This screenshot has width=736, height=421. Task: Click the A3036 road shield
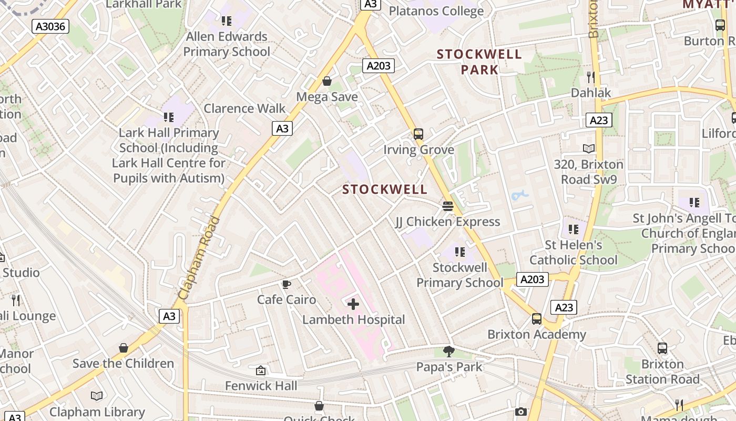(50, 26)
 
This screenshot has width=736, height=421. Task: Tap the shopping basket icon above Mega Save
(327, 81)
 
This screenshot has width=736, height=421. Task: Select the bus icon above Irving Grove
(418, 134)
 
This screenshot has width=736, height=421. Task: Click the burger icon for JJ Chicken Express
(448, 206)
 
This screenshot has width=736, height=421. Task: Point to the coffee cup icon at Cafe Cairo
(286, 285)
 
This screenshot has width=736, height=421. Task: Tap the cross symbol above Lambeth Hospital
(353, 304)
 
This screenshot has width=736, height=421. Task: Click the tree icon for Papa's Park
(449, 351)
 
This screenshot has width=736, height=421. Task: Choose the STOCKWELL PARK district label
(479, 62)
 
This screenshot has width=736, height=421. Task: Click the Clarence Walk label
(244, 108)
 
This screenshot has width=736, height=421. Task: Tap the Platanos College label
(436, 11)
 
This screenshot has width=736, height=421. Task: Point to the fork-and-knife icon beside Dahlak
(591, 77)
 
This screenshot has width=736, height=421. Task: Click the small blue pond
(519, 195)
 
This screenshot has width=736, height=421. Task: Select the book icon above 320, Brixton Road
(589, 149)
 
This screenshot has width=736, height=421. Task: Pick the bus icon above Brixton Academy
(536, 319)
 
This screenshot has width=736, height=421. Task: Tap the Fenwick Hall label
(261, 386)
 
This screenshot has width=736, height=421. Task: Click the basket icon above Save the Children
(124, 348)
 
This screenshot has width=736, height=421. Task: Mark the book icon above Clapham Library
(97, 396)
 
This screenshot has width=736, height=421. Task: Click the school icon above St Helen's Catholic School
(573, 229)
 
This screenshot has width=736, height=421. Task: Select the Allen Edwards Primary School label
(227, 44)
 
